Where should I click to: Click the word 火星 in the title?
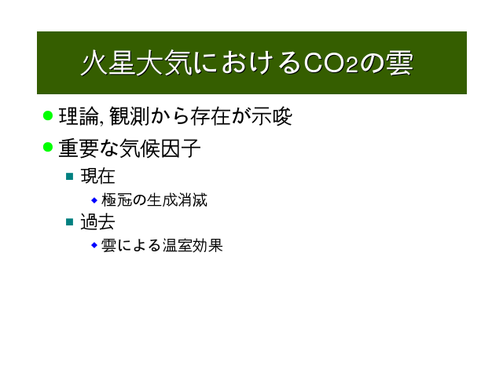108,63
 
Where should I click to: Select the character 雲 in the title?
399,63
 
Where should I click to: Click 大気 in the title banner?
164,63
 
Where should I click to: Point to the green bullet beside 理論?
48,115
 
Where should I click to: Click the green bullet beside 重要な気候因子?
48,147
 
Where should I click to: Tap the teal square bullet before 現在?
70,176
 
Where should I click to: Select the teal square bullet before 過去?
70,221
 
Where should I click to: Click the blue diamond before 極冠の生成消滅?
94,200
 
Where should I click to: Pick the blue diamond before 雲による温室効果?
94,245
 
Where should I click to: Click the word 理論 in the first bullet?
79,116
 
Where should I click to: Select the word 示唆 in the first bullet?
272,116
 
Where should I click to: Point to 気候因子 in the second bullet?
160,148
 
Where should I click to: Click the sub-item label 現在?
97,176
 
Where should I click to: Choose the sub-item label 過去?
97,221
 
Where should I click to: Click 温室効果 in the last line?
193,246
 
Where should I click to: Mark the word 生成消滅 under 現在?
177,200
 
